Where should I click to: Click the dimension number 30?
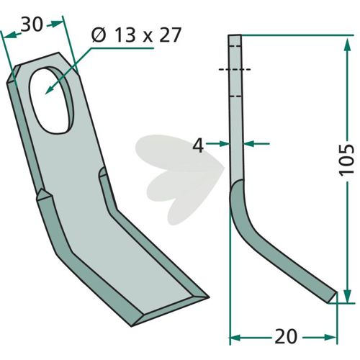[x=32, y=24]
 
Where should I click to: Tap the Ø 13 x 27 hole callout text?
[x=136, y=35]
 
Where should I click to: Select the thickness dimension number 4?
[x=198, y=145]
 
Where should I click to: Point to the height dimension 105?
[x=346, y=160]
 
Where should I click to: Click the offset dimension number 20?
[x=286, y=336]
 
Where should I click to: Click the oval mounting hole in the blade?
[x=51, y=100]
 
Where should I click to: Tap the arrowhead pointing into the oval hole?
[x=50, y=90]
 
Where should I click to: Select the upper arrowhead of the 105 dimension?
[x=346, y=45]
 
